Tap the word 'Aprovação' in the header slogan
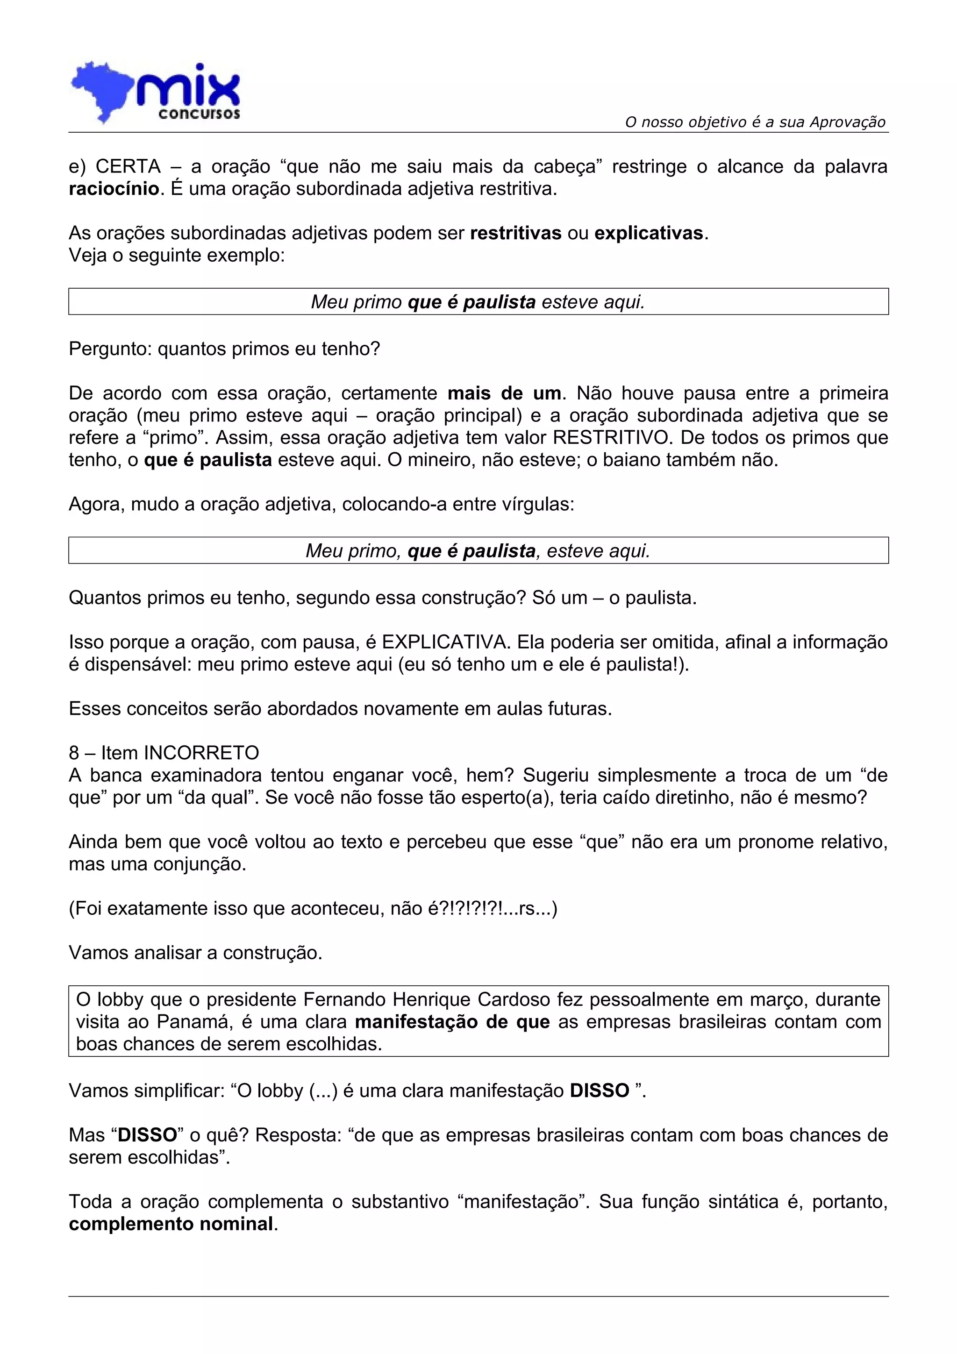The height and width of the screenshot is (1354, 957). pos(847,122)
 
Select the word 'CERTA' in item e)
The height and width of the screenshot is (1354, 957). pos(128,167)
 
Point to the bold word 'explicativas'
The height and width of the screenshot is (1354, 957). pos(649,234)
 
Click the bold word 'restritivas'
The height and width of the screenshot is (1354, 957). pos(515,234)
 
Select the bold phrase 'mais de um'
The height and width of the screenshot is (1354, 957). pos(504,393)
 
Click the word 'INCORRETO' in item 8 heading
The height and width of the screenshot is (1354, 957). pos(202,753)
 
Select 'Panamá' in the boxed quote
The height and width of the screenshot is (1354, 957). pos(194,1022)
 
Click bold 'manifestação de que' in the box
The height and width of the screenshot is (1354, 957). pos(452,1022)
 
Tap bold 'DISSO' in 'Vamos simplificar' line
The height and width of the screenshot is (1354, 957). pos(599,1091)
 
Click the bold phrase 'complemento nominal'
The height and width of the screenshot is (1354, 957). pos(171,1224)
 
